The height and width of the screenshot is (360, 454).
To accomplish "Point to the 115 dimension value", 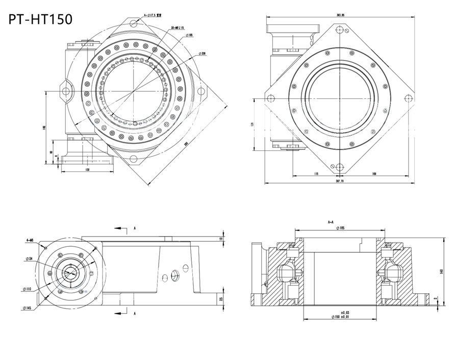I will [316, 174].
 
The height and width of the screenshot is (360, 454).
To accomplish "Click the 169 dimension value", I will [375, 174].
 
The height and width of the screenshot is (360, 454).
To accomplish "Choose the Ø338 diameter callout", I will [203, 53].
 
